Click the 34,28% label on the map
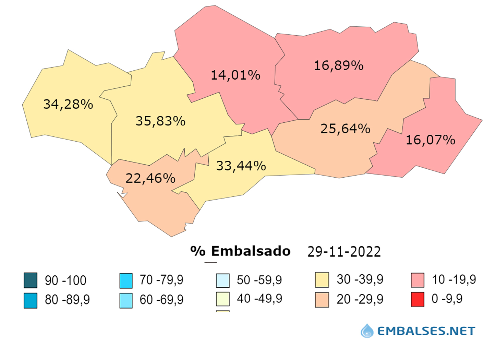[x=68, y=104]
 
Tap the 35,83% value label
[x=160, y=121]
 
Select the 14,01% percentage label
[x=235, y=75]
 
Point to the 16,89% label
[x=339, y=65]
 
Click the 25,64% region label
[x=345, y=129]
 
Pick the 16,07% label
[x=430, y=140]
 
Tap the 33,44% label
[x=241, y=166]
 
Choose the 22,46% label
[x=150, y=178]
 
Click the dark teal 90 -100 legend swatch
[x=31, y=280]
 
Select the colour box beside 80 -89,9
[x=31, y=300]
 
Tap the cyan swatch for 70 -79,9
[x=126, y=280]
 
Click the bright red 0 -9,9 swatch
[x=418, y=299]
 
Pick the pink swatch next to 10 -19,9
[x=418, y=280]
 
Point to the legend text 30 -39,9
[x=360, y=279]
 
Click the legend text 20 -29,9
[x=360, y=299]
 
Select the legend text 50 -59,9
[x=259, y=280]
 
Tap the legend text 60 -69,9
[x=161, y=300]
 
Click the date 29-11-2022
[x=344, y=252]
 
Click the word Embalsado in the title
[x=251, y=251]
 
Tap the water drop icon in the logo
[x=367, y=331]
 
